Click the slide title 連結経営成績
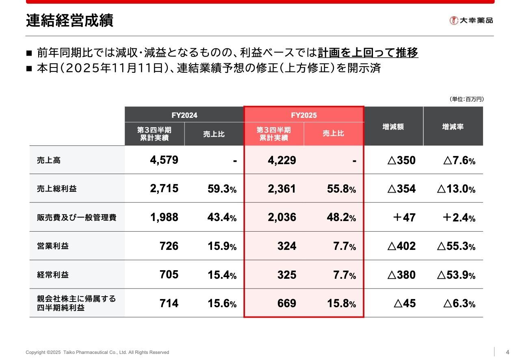69,20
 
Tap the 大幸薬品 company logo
471,20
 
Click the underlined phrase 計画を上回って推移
368,53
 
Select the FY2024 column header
184,115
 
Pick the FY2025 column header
303,115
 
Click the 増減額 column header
393,127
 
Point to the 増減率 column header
453,127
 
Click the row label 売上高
49,160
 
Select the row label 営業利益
53,246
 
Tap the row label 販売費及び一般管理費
77,218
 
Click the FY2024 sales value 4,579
164,160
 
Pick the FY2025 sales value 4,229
282,160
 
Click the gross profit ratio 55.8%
341,189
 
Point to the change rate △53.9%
456,275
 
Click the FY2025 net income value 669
286,304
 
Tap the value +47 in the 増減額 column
404,218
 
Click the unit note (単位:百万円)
466,99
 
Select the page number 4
507,352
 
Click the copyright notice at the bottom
97,352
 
